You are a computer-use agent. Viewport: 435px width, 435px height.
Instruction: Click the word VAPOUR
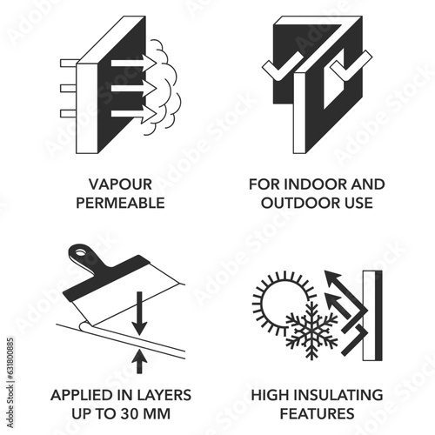[x=120, y=184]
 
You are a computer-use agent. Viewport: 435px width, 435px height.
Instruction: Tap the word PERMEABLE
[x=120, y=203]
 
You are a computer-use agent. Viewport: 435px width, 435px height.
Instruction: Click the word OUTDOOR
[x=297, y=203]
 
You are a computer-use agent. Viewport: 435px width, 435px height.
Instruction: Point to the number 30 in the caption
[x=130, y=413]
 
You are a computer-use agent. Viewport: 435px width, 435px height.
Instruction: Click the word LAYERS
[x=164, y=395]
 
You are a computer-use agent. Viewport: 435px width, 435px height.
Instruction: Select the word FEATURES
[x=317, y=413]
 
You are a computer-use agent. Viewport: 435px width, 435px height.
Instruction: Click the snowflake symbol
[x=311, y=331]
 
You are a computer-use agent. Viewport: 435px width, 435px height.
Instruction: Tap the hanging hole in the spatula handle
[x=79, y=253]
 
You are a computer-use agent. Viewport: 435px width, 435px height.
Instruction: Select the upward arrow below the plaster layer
[x=139, y=361]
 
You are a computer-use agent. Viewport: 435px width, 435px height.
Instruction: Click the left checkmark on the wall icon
[x=283, y=67]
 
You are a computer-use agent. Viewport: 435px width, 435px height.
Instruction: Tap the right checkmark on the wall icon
[x=351, y=66]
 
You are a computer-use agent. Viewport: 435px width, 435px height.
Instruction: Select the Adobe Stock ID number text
[x=10, y=383]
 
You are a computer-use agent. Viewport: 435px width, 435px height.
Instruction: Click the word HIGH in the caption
[x=271, y=395]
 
